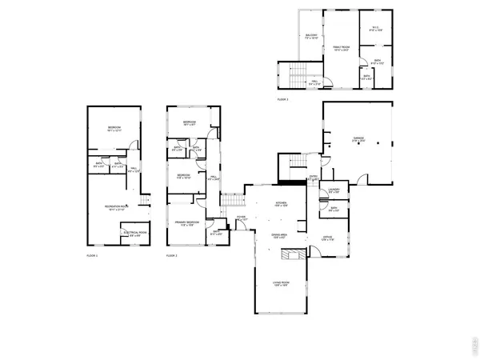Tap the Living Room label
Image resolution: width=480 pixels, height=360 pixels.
pos(281,285)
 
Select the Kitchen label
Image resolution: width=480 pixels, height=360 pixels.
pos(281,204)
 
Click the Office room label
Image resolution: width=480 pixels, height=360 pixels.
pos(327,238)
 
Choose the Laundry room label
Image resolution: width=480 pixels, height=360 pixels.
pos(334,190)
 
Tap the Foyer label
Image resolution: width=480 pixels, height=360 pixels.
pos(240,217)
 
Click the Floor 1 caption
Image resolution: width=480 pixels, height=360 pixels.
pos(92,255)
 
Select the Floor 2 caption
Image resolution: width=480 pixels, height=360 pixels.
pos(172,255)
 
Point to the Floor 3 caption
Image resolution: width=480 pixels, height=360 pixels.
pos(282,99)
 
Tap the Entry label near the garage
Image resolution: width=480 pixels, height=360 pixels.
pos(314,178)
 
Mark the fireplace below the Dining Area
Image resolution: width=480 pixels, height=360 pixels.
pos(295,255)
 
